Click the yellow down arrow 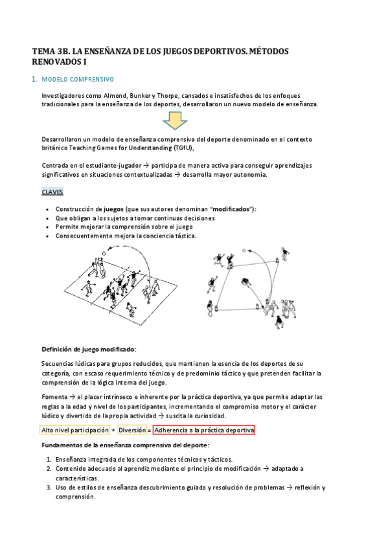(x=175, y=121)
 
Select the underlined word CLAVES (x=52, y=192)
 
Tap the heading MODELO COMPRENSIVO (x=77, y=80)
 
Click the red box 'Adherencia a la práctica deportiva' (x=205, y=430)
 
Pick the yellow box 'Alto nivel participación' (x=74, y=430)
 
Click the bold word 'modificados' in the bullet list (x=233, y=209)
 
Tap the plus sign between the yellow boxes (x=113, y=430)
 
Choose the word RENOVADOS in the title (x=59, y=62)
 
